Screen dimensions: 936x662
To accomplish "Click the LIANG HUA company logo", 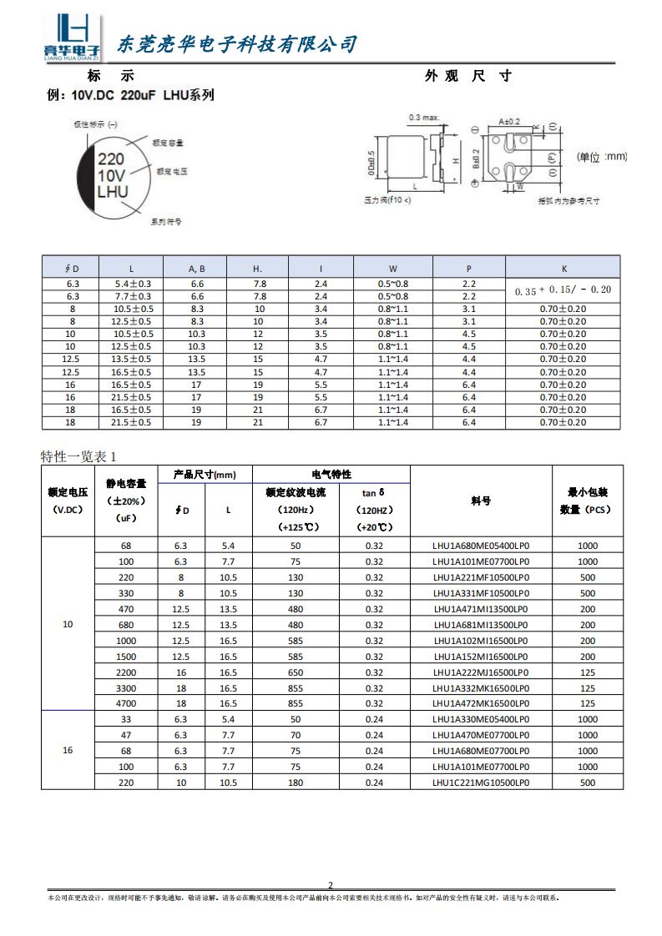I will (72, 38).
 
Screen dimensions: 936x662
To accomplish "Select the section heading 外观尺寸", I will (467, 76).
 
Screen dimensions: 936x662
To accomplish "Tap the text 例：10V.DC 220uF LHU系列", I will (132, 95).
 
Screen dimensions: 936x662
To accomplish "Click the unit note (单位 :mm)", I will (602, 157).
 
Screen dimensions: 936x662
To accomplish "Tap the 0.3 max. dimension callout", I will (424, 117).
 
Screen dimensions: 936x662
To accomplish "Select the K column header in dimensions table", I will (563, 268).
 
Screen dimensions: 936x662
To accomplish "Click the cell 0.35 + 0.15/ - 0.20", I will (563, 289).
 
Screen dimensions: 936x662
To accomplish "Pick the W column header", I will (393, 268).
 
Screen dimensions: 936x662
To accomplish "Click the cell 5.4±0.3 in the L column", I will (132, 284).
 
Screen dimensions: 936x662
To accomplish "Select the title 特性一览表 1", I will (79, 455).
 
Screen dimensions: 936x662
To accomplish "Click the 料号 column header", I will (481, 501).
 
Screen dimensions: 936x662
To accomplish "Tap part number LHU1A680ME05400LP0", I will (481, 546).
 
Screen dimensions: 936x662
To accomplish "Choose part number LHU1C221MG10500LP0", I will (481, 783).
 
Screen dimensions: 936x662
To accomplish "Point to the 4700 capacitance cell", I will (127, 703).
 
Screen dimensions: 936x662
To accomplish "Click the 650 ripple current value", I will (296, 672).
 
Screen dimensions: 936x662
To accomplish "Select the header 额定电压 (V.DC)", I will (68, 501).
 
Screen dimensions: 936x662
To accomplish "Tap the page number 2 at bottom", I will (330, 885).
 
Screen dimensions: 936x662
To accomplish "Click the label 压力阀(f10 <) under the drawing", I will (388, 201).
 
